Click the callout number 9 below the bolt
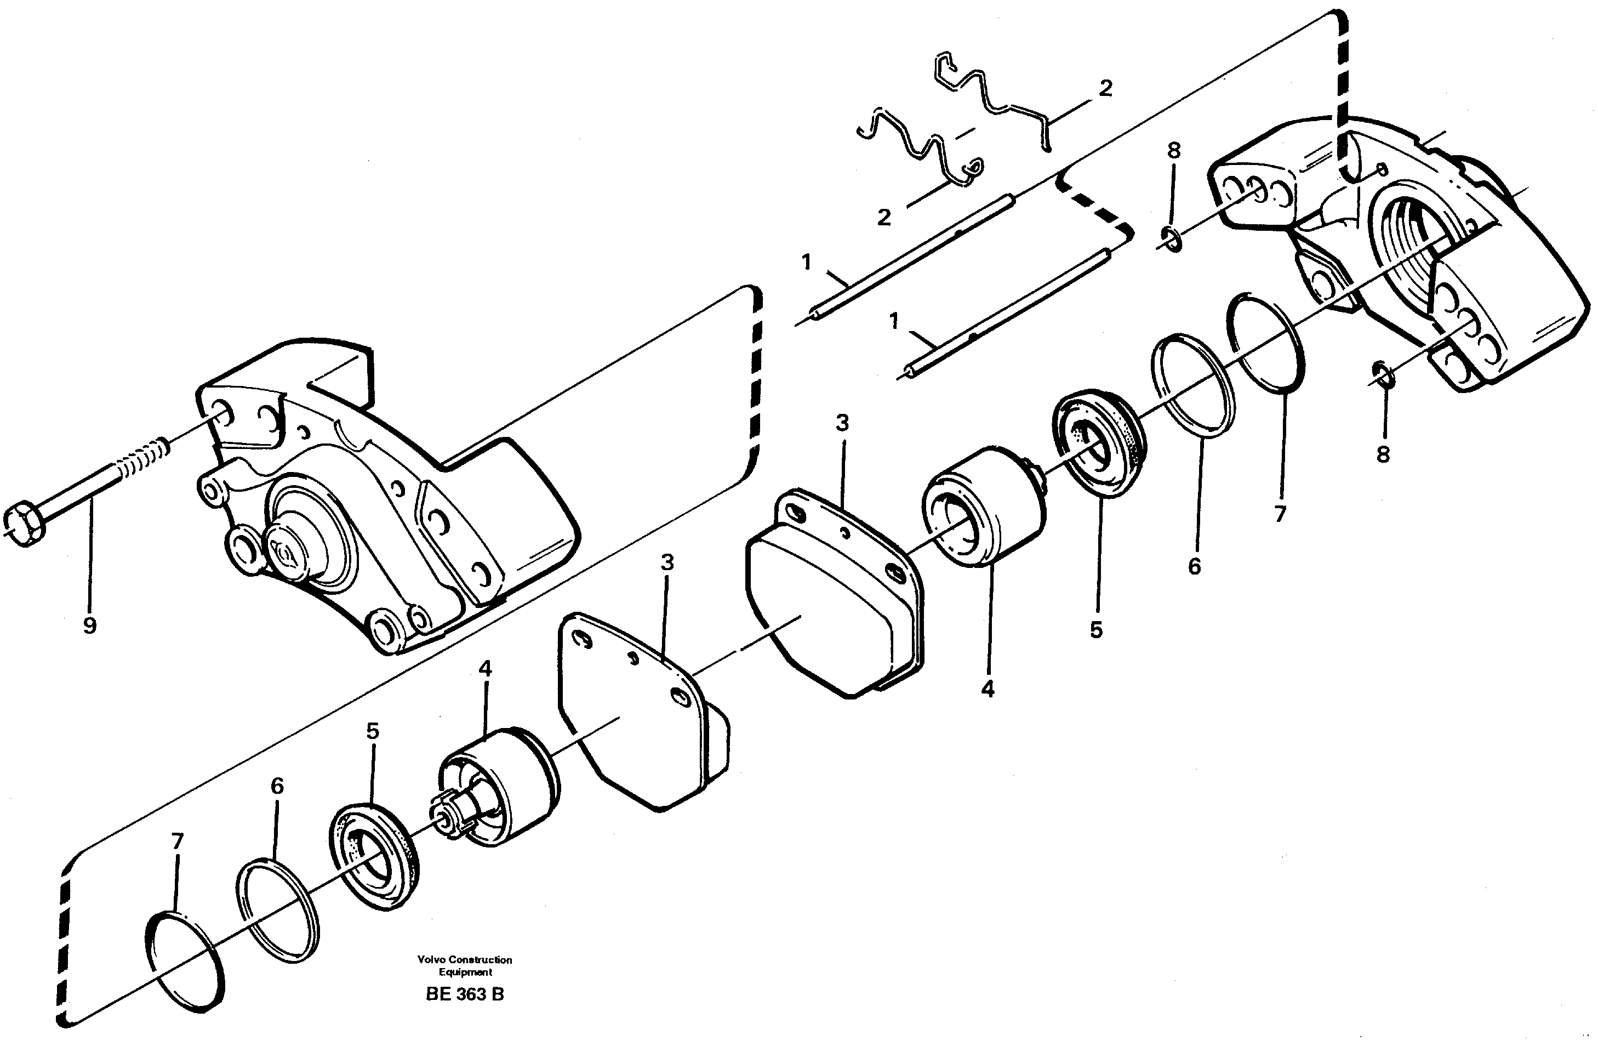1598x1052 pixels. coord(89,625)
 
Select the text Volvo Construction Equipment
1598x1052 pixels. coord(464,965)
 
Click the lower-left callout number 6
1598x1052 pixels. coord(277,786)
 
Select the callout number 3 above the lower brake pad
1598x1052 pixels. coord(667,562)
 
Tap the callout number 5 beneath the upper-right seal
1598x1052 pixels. coord(1096,629)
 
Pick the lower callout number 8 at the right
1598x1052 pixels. coord(1383,455)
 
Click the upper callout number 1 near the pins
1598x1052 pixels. coord(806,262)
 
